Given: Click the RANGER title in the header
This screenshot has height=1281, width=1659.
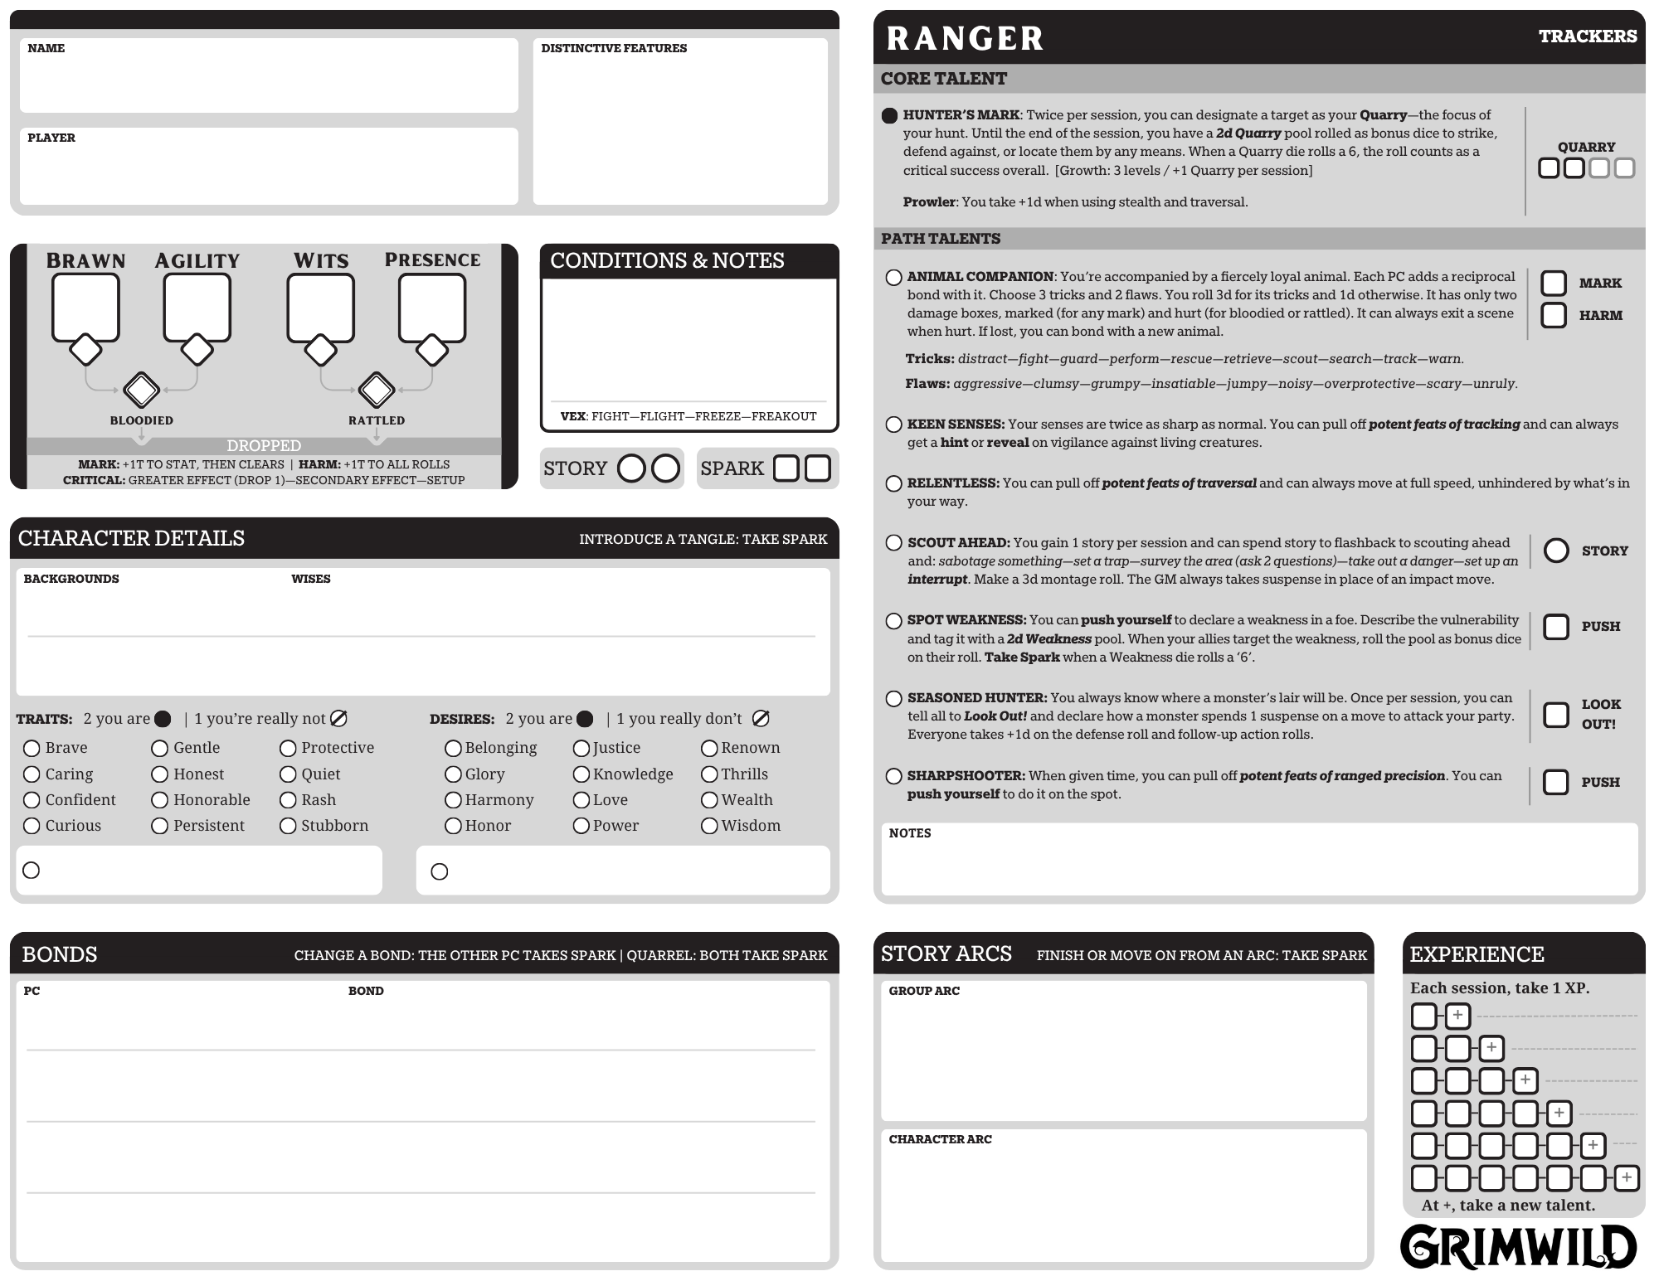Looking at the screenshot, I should coord(965,39).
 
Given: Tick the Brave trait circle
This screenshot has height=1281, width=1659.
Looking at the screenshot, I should coord(32,749).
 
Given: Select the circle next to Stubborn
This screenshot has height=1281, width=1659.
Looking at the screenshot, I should coord(288,826).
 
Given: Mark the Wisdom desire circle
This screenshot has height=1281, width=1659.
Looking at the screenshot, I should coord(709,826).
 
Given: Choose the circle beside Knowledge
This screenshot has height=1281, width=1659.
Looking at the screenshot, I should coord(581,774).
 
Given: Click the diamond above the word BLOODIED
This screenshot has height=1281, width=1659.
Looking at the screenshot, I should coord(142,389).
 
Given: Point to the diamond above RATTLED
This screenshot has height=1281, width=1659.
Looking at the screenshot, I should coord(377,389).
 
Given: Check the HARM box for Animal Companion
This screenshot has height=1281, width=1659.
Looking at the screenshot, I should coord(1554,315).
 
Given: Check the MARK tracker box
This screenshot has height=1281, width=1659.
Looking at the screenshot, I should coord(1554,284).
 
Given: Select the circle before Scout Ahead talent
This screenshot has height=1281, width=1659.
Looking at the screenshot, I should coord(893,543).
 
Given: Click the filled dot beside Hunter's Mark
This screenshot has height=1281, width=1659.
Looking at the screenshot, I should coord(890,115).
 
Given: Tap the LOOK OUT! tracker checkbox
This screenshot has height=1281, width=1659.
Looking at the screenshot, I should coord(1556,715).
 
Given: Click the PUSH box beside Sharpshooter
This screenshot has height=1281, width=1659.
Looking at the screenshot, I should coord(1556,782).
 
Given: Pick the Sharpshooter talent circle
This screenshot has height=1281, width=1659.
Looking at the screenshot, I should coord(893,776).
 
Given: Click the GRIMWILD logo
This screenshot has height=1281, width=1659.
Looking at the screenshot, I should coord(1518,1247).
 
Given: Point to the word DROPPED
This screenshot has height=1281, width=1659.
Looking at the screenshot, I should coord(264,446).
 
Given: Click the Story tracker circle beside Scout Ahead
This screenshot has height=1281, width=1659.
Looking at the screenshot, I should coord(1556,551).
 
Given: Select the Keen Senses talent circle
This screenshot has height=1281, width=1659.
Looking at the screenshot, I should coord(893,425).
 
